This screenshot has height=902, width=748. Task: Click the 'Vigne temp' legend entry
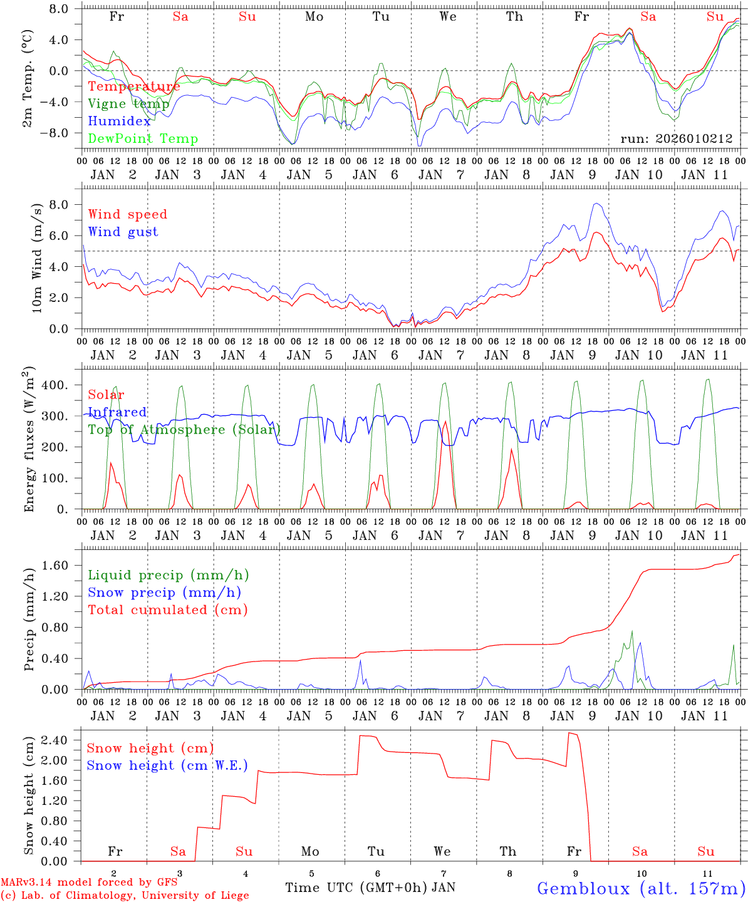click(128, 104)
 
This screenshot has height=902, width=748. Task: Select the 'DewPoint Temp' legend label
click(143, 139)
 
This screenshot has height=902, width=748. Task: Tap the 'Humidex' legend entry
click(119, 122)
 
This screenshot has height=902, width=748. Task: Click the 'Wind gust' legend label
click(123, 232)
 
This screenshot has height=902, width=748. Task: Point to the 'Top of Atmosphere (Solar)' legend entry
click(184, 430)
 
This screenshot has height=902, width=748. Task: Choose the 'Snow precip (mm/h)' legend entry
click(164, 593)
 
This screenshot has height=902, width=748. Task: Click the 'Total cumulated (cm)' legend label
click(167, 610)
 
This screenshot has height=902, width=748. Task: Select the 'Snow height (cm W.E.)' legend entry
click(167, 765)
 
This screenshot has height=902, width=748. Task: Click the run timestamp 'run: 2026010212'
click(677, 139)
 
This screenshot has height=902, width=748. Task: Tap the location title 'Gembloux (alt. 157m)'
click(641, 888)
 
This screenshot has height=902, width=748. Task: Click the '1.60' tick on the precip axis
click(55, 566)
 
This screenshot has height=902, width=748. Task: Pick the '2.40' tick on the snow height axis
click(55, 740)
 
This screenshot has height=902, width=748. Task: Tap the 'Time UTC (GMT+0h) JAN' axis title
click(370, 888)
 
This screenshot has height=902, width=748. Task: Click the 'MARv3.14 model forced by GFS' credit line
click(89, 883)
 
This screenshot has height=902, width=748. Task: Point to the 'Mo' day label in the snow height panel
click(310, 851)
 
